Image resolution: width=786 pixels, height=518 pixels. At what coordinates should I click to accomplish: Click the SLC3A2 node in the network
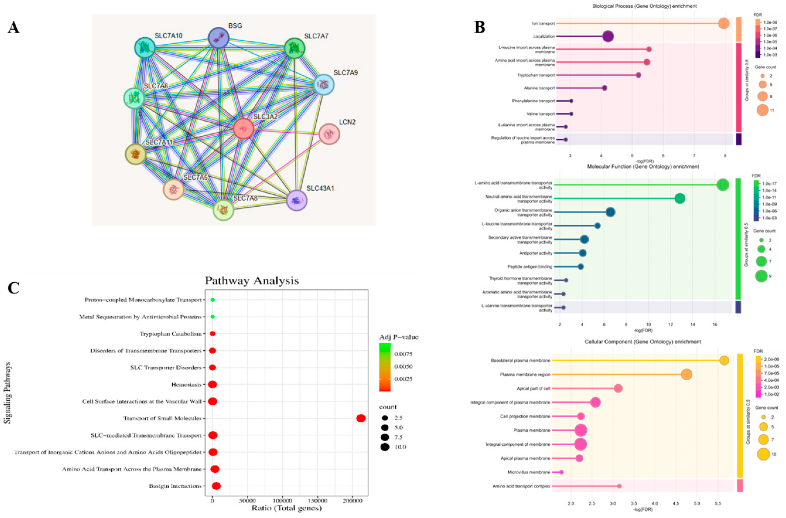(243, 129)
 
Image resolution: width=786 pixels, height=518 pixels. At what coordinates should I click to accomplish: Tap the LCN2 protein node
(329, 134)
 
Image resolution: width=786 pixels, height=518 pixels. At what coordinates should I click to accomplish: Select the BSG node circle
(218, 38)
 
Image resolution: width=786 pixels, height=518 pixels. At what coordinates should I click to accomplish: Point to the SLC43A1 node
(297, 200)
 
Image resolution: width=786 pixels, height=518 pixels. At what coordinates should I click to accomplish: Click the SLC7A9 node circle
(324, 85)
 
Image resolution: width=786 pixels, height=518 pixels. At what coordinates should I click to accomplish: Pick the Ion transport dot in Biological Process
(724, 23)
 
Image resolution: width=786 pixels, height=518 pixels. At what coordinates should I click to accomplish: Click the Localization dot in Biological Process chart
(608, 36)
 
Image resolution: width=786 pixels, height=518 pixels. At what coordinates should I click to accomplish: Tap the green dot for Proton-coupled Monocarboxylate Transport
(213, 300)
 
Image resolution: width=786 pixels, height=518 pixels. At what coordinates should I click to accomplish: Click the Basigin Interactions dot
(216, 486)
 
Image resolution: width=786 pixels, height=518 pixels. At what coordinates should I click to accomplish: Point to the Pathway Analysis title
(252, 281)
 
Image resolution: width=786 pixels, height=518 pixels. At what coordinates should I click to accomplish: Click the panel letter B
(479, 27)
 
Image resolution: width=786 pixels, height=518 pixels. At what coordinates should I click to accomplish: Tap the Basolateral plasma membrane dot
(724, 360)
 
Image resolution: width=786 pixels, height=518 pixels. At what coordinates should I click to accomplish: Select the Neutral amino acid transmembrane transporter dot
(680, 199)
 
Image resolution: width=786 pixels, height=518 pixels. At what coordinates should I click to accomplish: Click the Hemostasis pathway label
(186, 384)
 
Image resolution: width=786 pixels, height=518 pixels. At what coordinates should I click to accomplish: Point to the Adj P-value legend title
(399, 337)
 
